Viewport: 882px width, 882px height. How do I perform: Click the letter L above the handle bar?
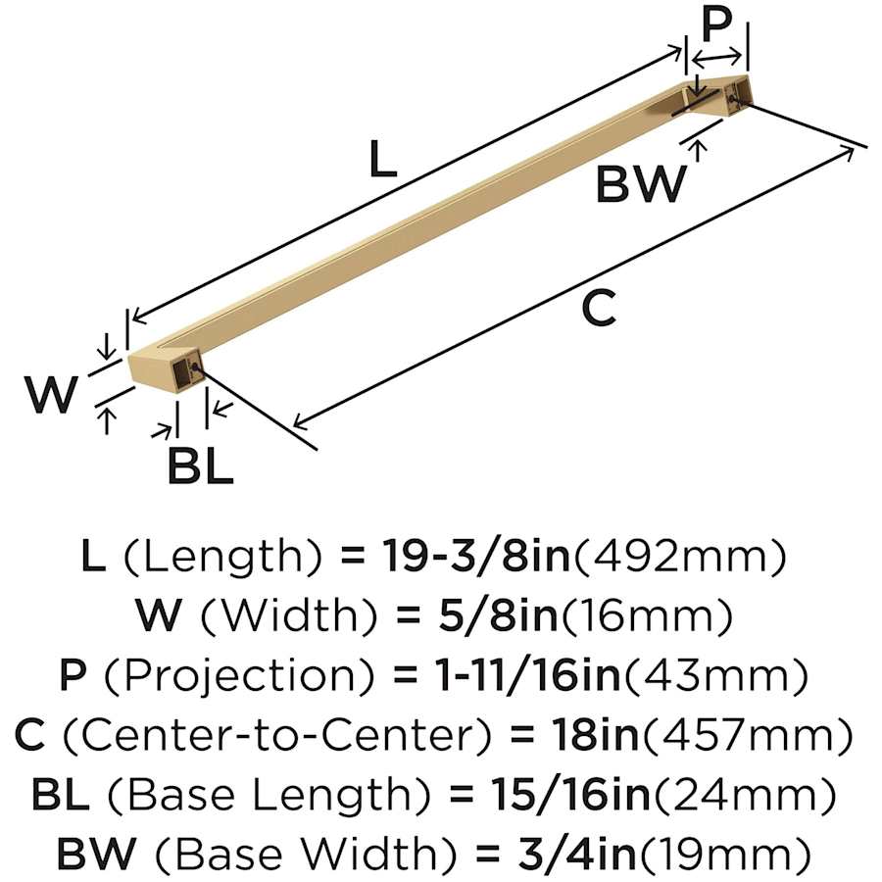click(383, 159)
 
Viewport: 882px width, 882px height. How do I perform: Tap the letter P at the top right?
click(716, 25)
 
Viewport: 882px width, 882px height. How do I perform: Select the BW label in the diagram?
click(640, 183)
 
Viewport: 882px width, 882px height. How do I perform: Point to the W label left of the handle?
click(51, 394)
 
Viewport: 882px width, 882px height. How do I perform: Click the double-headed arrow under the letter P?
click(716, 57)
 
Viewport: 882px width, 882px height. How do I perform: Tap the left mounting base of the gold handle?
click(163, 370)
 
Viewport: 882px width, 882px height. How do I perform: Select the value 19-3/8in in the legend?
click(476, 556)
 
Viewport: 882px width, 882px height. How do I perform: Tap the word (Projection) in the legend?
click(238, 676)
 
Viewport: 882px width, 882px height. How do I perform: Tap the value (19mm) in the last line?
click(723, 854)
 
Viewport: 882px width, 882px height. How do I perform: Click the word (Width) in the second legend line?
click(288, 616)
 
